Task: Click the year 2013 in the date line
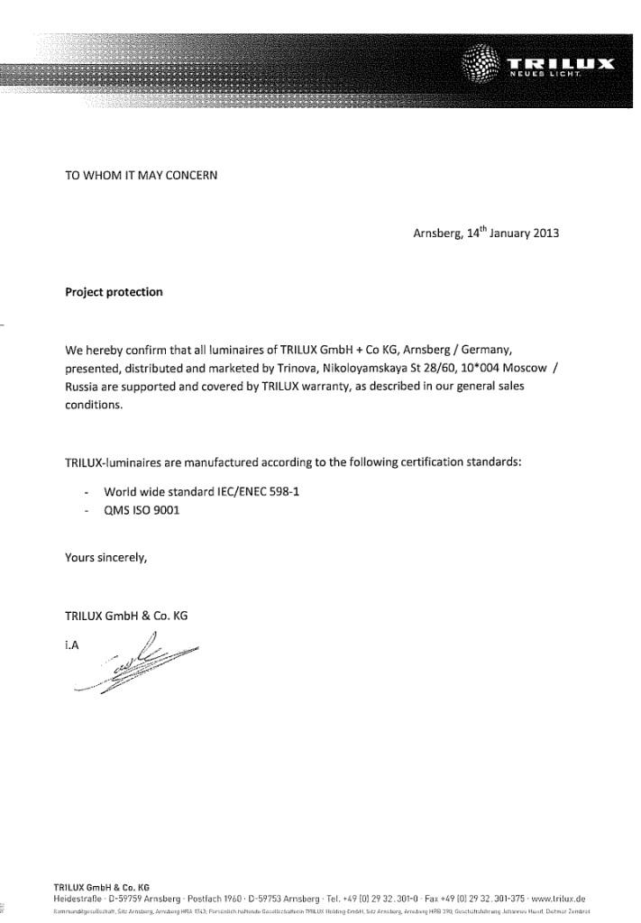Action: point(545,233)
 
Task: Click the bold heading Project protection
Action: point(114,292)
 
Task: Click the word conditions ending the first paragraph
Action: point(92,405)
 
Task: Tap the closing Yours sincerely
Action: point(105,557)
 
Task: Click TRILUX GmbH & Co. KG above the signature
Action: point(126,616)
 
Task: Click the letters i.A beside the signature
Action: point(72,644)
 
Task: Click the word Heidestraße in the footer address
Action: point(78,899)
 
